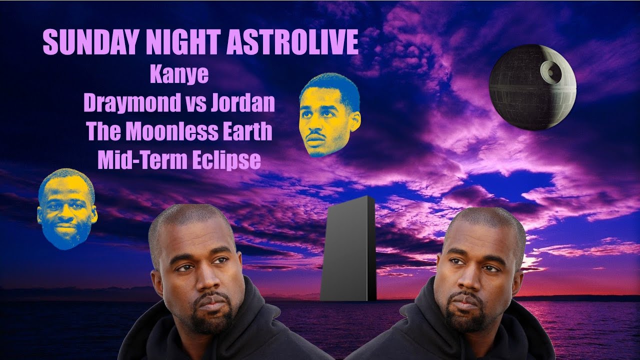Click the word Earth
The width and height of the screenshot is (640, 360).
pos(247,131)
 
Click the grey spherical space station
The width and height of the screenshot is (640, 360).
pos(532,87)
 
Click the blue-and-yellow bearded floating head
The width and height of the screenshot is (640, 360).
pos(67,208)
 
